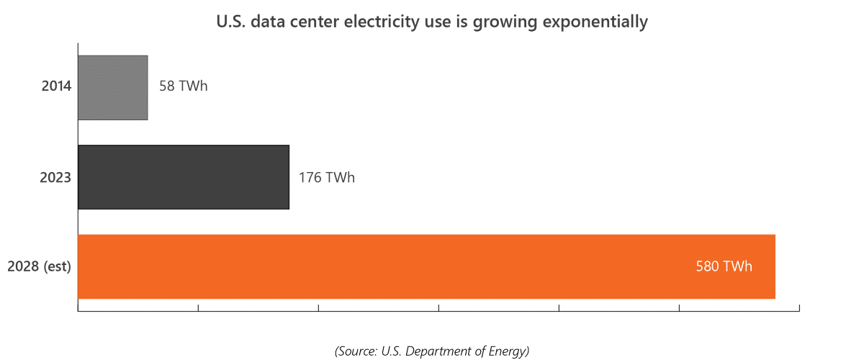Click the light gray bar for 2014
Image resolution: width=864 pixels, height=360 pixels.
coord(112,88)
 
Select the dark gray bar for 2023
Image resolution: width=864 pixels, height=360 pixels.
coord(183,177)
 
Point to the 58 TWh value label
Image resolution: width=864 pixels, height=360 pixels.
coord(183,87)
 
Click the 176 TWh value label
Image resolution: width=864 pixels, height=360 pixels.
coord(327,177)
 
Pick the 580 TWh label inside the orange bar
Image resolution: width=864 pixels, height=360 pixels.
coord(724,266)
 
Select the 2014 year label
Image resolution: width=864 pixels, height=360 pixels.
coord(56,87)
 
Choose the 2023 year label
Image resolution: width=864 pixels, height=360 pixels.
coord(55,177)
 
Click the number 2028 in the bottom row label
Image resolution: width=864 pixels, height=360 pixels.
coord(23,266)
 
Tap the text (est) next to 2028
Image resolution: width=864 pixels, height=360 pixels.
coord(58,266)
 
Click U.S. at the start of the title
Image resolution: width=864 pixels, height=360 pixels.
coord(231,22)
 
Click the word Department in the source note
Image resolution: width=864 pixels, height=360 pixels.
coord(446,351)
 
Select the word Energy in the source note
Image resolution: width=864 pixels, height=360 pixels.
coord(508,351)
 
